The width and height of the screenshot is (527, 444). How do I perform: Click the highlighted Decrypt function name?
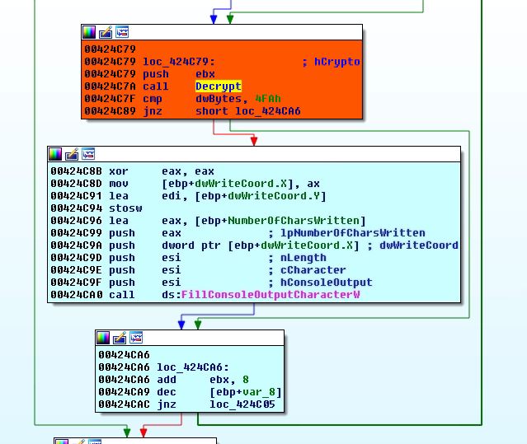(219, 86)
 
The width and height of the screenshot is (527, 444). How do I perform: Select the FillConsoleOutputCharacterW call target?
(271, 295)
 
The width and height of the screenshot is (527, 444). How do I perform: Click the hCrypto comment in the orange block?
(337, 62)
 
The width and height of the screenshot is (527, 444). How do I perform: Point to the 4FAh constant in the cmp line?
(268, 99)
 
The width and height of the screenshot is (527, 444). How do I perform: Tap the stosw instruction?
(125, 208)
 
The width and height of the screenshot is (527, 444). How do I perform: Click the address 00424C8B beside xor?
(77, 171)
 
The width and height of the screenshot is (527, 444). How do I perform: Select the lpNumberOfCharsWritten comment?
(353, 233)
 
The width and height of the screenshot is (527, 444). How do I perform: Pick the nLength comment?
(303, 258)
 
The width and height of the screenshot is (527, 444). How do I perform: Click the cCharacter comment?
(313, 270)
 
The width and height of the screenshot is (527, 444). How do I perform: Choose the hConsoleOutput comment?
(327, 283)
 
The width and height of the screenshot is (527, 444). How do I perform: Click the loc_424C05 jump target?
(242, 404)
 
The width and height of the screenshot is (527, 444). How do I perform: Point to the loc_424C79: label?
(179, 62)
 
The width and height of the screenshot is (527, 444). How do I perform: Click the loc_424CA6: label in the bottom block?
(193, 367)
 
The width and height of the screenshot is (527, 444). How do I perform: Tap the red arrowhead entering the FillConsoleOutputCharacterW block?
(254, 141)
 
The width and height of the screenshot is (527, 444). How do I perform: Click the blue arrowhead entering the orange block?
(214, 20)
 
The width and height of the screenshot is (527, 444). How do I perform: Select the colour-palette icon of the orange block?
(89, 32)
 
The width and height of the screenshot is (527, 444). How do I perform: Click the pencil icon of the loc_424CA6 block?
(120, 338)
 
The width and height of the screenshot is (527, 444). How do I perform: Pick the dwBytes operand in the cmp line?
(219, 99)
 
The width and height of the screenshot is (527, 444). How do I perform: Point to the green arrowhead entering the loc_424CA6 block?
(198, 325)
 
